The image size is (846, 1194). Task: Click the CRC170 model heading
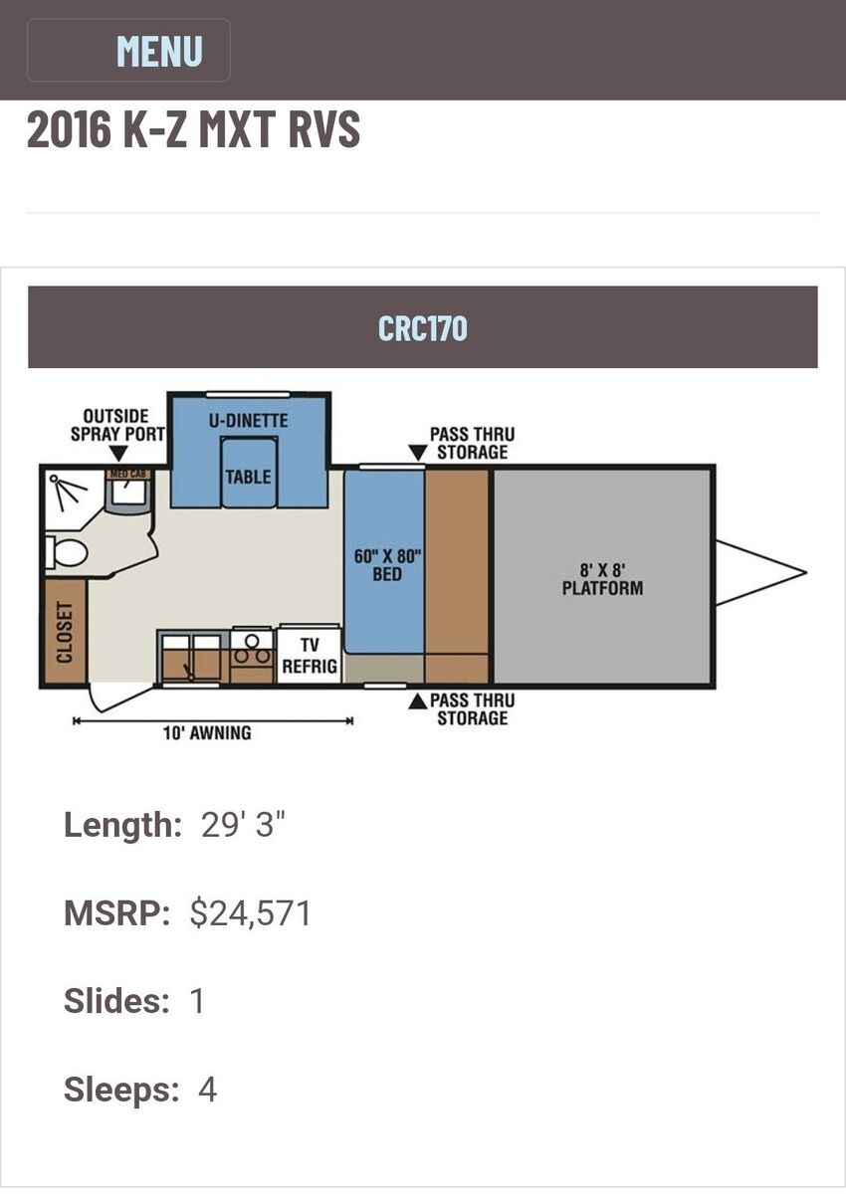pyautogui.click(x=423, y=327)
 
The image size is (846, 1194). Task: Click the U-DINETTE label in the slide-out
pyautogui.click(x=248, y=421)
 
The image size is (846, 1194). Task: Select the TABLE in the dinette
pyautogui.click(x=248, y=477)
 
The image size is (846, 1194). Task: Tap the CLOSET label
pyautogui.click(x=65, y=632)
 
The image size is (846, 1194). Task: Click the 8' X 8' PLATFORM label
pyautogui.click(x=602, y=578)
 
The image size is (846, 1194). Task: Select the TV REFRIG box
pyautogui.click(x=310, y=656)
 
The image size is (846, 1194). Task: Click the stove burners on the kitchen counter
pyautogui.click(x=252, y=647)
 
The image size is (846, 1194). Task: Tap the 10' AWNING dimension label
pyautogui.click(x=207, y=733)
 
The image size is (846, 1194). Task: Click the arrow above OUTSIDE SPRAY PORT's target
pyautogui.click(x=118, y=455)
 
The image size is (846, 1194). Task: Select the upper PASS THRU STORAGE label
pyautogui.click(x=472, y=443)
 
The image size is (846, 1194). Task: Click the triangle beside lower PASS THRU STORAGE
pyautogui.click(x=418, y=702)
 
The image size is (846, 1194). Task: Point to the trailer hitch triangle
pyautogui.click(x=758, y=573)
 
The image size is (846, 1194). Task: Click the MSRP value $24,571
pyautogui.click(x=251, y=913)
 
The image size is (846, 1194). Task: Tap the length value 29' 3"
pyautogui.click(x=243, y=825)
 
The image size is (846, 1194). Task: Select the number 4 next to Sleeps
pyautogui.click(x=207, y=1090)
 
